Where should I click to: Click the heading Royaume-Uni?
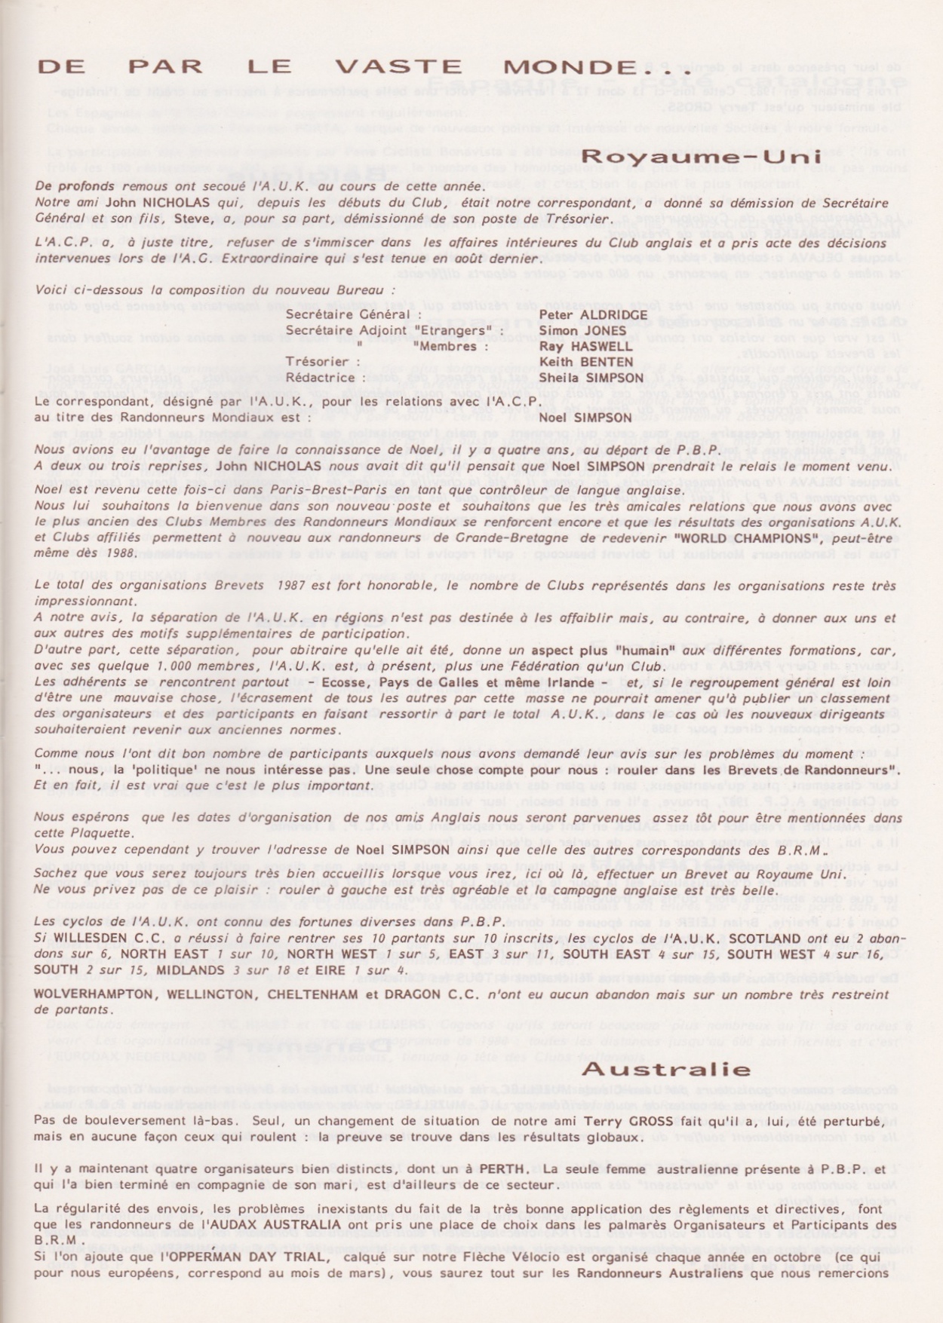click(702, 157)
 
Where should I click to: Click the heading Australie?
click(666, 1069)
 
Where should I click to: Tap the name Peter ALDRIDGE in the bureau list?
click(593, 315)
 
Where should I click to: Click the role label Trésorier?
click(317, 363)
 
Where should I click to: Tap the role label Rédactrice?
click(321, 378)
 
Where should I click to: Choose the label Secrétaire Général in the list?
click(348, 315)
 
